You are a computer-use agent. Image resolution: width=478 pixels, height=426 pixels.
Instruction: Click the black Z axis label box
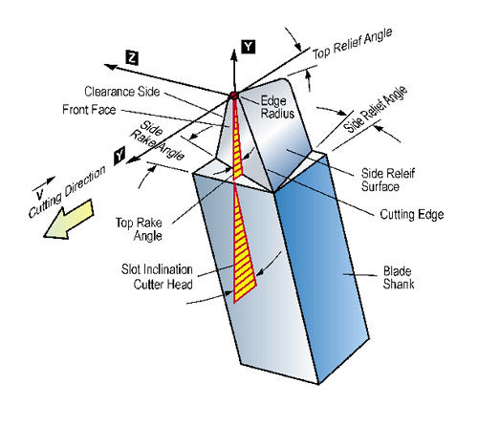132,58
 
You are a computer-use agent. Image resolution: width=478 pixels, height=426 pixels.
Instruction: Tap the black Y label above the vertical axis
249,47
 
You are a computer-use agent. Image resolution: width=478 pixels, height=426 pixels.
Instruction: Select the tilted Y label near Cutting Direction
119,156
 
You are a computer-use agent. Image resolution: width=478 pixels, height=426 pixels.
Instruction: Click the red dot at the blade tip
234,96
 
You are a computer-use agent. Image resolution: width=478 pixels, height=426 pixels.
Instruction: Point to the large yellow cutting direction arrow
68,220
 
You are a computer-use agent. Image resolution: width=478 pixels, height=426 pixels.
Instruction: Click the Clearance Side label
122,92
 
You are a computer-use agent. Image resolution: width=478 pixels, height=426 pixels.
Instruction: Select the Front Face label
89,110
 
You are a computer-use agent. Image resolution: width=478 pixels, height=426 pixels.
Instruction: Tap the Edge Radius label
277,107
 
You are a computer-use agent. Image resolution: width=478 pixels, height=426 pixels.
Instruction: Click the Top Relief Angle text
352,44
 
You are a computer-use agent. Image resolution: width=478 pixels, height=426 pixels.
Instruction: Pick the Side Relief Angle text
376,109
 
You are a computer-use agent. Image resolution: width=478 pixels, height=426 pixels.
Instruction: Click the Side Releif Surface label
388,180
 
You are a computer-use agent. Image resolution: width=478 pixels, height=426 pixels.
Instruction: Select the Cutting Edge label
412,214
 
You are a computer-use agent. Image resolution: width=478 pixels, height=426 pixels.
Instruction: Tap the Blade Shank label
399,277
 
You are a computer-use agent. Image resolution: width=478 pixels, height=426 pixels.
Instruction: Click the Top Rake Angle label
139,229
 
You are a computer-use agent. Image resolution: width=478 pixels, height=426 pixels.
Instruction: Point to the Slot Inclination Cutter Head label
157,277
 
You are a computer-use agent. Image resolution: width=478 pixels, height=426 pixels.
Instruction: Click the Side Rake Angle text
157,140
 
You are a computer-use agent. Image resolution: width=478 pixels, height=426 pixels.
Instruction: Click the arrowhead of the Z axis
111,67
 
